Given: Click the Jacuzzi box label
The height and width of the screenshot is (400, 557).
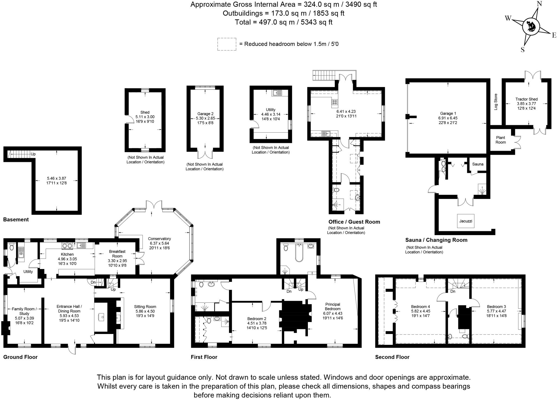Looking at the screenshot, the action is [466, 221].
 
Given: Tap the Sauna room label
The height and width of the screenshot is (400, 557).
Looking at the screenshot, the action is [478, 164].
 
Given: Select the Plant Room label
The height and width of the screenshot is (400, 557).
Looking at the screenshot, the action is [500, 140].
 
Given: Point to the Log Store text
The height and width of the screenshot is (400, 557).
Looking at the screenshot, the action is [496, 102].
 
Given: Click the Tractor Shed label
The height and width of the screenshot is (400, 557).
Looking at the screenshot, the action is [526, 99].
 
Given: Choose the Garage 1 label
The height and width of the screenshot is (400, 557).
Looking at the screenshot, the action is [448, 113].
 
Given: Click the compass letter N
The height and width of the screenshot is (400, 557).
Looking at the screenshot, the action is [539, 4].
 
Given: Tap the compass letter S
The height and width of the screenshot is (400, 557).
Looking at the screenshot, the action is [522, 50].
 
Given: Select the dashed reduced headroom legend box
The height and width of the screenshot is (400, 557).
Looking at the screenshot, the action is [227, 44].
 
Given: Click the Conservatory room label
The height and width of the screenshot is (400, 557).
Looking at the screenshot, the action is [159, 239].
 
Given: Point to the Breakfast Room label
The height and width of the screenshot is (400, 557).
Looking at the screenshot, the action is [117, 254].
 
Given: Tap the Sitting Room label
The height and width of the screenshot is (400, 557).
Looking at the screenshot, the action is [145, 307].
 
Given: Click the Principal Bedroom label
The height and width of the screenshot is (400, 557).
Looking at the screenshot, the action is [333, 307].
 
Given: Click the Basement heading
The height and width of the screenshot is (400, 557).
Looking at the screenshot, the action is [16, 220].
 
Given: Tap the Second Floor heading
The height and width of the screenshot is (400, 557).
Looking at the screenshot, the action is [392, 357].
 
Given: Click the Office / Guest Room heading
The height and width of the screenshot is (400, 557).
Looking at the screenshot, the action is [354, 222].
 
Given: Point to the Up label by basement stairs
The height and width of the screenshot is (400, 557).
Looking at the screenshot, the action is [33, 154].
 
